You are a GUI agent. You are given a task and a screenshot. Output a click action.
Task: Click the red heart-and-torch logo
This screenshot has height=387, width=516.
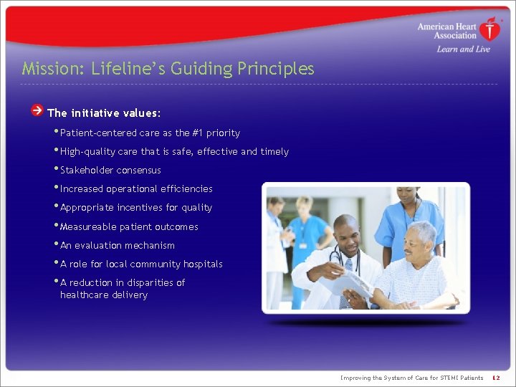[490, 29]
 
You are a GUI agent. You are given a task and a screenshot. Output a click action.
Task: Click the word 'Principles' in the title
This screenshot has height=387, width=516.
[278, 69]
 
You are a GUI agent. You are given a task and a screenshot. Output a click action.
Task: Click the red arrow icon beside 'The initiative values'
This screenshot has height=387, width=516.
[37, 111]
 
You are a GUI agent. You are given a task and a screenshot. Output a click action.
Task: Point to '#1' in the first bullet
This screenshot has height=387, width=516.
[197, 133]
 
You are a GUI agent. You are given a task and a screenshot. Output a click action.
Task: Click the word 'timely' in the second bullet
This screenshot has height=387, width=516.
[274, 151]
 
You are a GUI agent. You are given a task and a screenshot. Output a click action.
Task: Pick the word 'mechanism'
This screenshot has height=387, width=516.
[152, 245]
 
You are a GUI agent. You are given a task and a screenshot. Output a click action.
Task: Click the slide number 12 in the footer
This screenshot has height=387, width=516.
[495, 378]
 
